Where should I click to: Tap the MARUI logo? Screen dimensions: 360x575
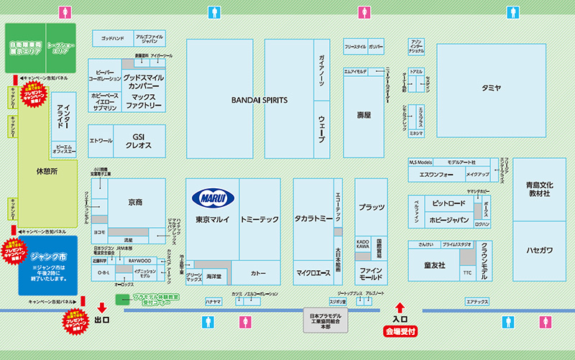(213, 198)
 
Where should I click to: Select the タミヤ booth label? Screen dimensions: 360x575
(492, 88)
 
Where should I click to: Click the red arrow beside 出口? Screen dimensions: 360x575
(102, 307)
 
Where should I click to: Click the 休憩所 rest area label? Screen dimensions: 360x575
(47, 172)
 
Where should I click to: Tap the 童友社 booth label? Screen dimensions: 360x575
(434, 265)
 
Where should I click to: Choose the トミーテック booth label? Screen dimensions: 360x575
(259, 218)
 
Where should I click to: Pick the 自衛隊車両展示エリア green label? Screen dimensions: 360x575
(25, 48)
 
